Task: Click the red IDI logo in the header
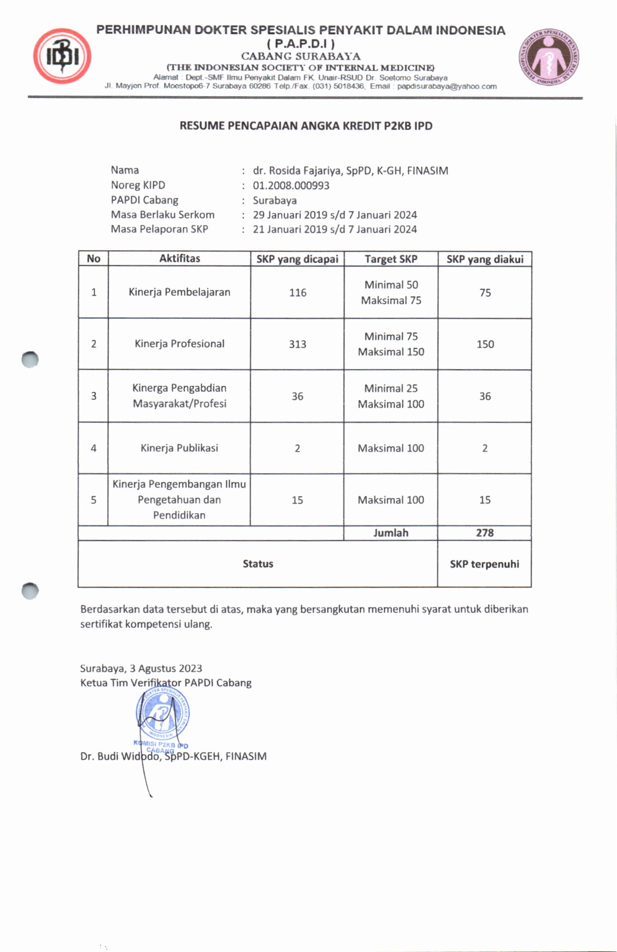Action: coord(62,56)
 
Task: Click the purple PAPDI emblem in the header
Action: coord(549,56)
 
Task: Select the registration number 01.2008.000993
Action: coord(291,185)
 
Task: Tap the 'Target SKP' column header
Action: coord(391,259)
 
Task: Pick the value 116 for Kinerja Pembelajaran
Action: coord(298,293)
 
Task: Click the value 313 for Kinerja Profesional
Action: coord(298,344)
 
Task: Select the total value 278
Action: coord(485,533)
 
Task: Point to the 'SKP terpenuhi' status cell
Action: coord(484,564)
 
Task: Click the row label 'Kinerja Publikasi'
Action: coord(179,448)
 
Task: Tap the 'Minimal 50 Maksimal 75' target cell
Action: coord(391,293)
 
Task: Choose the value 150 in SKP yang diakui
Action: coord(485,344)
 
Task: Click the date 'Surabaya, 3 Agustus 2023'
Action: coord(141,669)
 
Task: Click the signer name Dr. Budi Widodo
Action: coord(173,756)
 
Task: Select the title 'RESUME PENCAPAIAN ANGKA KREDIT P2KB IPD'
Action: coord(306,126)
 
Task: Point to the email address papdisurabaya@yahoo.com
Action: coord(447,86)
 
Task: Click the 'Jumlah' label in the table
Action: coord(391,533)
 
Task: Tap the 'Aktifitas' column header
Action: coord(179,258)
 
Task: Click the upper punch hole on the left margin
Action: coord(30,359)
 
